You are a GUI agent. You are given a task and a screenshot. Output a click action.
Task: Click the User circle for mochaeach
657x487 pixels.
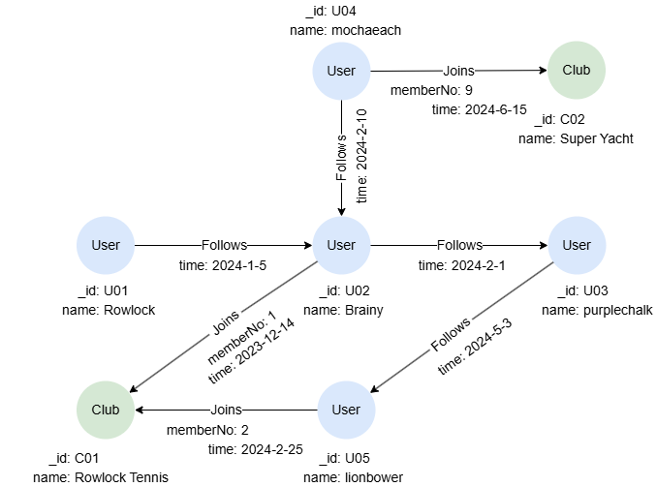pos(341,71)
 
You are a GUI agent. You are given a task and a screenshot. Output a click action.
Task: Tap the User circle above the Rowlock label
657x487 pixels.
pos(106,245)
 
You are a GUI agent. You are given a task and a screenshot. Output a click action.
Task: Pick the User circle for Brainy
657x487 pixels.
pos(341,245)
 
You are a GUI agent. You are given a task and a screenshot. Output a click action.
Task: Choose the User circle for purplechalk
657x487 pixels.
pos(577,245)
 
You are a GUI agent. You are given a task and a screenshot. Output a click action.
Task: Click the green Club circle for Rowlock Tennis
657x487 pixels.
pos(106,410)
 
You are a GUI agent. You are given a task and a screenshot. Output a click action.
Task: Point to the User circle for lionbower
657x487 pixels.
pos(346,410)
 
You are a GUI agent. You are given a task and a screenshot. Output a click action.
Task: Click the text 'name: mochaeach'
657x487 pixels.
pos(345,30)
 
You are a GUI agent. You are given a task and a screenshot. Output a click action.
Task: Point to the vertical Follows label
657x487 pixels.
pos(341,158)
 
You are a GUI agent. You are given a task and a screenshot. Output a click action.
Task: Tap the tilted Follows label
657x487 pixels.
pos(451,332)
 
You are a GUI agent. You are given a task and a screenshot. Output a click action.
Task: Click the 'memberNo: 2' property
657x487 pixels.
pos(207,429)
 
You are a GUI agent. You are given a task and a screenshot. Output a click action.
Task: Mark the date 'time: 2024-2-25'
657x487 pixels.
pos(256,448)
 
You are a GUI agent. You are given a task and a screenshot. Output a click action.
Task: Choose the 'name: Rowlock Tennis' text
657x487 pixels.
pos(101,477)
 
